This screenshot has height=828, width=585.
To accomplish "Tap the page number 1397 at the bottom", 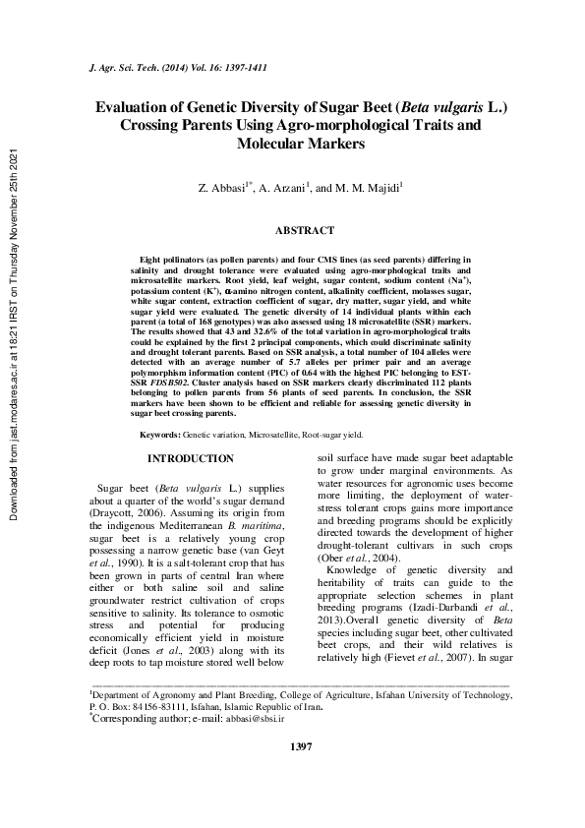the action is click(301, 776).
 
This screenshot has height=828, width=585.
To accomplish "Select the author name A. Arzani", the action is click(282, 186).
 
